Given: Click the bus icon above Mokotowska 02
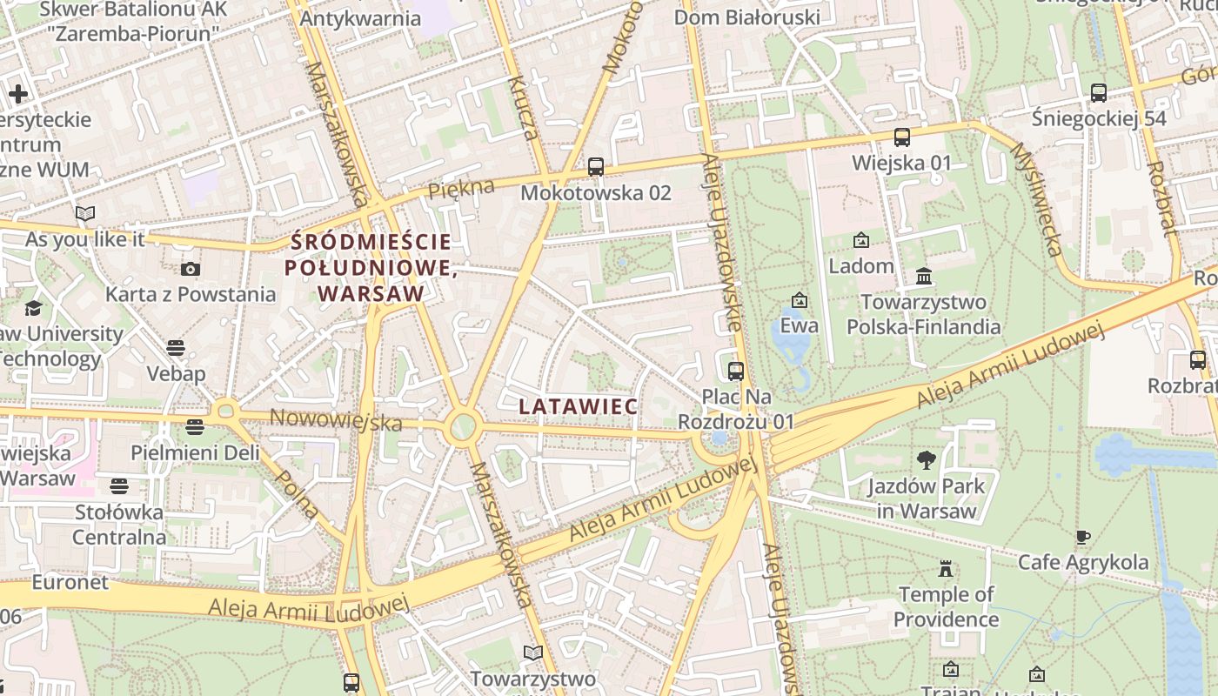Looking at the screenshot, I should click(596, 166).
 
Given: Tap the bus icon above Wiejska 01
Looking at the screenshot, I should click(902, 137).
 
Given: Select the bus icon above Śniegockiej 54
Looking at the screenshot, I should click(1099, 92).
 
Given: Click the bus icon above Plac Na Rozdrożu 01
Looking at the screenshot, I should click(736, 371).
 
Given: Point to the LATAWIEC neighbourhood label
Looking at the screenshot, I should click(578, 406).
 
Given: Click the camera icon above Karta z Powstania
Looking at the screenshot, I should click(191, 269).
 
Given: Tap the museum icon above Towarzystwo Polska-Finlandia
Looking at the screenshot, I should click(924, 277).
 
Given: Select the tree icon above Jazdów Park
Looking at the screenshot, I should click(927, 460).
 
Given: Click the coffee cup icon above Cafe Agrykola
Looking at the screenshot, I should click(1083, 537).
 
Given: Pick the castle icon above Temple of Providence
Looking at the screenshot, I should click(946, 569).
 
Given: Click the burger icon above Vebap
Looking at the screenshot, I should click(176, 349).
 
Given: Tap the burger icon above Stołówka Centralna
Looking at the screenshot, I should click(119, 485).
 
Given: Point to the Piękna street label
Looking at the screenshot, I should click(461, 189).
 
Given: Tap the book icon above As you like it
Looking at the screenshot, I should click(85, 213).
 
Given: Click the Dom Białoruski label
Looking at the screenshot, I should click(747, 17).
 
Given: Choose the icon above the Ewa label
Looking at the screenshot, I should click(799, 301).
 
